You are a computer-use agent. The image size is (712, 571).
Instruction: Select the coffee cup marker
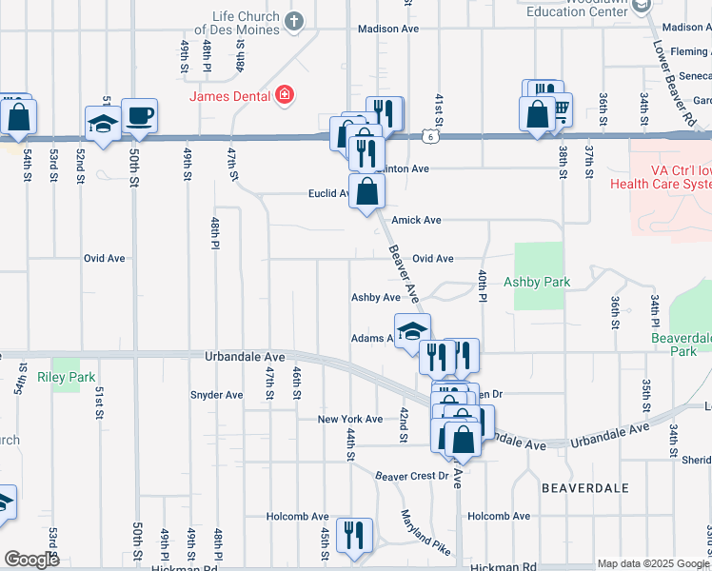coord(139,115)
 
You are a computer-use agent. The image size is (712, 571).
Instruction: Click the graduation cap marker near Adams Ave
coord(412,331)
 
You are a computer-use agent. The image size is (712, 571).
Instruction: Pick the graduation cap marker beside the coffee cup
coord(103,123)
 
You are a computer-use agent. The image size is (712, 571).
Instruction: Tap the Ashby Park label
coord(537,282)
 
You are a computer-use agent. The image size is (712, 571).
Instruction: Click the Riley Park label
coord(67,377)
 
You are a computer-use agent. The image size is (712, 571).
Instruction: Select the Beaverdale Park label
coord(680,344)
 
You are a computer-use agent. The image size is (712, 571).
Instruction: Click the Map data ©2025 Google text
coord(653,563)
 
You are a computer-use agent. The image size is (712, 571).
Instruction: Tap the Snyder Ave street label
coord(216,395)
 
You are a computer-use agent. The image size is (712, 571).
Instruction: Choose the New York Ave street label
coord(349,419)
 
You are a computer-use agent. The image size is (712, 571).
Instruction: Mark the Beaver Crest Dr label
coord(410,476)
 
